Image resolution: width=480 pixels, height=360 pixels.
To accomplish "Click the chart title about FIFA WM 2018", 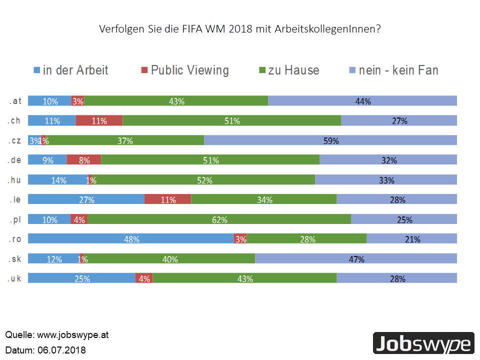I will pos(240,29).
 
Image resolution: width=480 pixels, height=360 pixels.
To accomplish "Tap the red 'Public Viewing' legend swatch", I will pos(145,70).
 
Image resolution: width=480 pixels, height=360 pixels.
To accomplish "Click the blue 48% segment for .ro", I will pos(131,239).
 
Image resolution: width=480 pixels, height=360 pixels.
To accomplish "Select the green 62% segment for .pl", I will pos(219,219).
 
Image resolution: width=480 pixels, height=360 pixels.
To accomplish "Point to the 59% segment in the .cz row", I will pos(330,140).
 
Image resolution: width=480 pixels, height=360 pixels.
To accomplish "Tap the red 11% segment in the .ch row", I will pos(99,120).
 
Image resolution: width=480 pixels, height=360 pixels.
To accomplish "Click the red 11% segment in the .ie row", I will pos(167,199).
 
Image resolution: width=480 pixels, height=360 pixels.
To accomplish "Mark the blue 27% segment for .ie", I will pos(86,199).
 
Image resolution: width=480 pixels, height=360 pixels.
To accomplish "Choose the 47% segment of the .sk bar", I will pos(356,259).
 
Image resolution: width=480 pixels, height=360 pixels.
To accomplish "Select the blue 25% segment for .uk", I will pos(81,278).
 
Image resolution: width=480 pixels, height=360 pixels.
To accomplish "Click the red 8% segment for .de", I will pos(84,160).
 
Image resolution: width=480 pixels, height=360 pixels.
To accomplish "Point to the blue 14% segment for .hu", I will pos(58,180).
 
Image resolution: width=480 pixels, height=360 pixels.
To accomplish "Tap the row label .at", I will pos(15,101).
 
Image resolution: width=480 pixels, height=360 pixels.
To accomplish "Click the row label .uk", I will pos(15,278).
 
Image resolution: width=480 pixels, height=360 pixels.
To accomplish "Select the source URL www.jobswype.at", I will pos(72,334).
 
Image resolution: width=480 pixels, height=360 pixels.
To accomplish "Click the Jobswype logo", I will pos(423,344).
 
